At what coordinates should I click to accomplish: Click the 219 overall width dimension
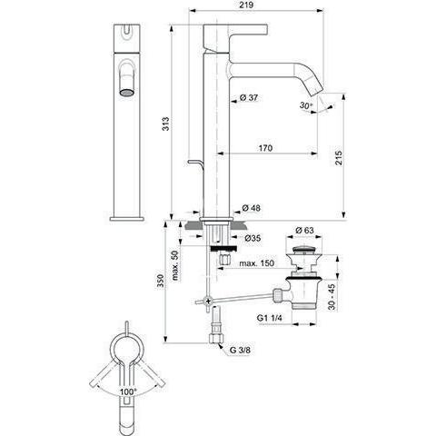pos(248,5)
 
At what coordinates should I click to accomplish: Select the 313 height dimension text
pos(165,124)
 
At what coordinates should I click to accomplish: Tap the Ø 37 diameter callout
pos(249,97)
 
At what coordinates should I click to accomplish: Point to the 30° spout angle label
pos(306,105)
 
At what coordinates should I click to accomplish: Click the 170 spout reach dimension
pos(265,148)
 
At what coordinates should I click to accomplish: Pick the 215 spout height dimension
pos(338,157)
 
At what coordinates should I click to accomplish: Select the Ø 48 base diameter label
pos(252,208)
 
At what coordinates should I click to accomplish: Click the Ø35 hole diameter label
pos(253,238)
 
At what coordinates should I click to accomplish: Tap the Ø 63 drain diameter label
pos(304,230)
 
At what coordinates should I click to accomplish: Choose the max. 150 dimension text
pos(257,263)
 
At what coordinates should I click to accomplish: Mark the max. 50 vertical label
pos(175,265)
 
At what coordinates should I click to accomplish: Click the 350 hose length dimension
pos(161,281)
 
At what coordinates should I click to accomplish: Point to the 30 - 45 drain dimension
pos(332,297)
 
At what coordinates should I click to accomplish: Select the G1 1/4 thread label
pos(270,318)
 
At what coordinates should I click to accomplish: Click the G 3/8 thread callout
pos(240,350)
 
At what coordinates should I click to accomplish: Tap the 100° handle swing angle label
pos(128,391)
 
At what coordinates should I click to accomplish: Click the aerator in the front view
pos(126,93)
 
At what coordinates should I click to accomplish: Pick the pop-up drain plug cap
pos(303,251)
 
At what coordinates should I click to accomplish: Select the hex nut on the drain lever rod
pos(278,295)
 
